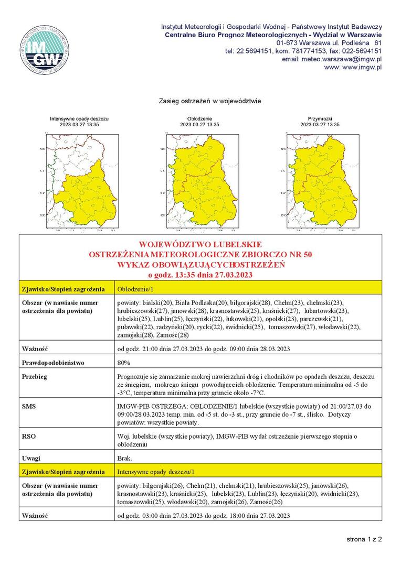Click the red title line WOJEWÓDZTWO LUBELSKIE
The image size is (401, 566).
[201, 245]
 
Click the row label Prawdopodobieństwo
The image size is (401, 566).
[53, 363]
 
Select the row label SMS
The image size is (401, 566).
[28, 406]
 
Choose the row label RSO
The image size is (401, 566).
[28, 436]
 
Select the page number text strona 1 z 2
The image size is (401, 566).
[364, 539]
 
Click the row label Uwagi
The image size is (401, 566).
[31, 458]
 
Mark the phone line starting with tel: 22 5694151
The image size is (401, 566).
[303, 51]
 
